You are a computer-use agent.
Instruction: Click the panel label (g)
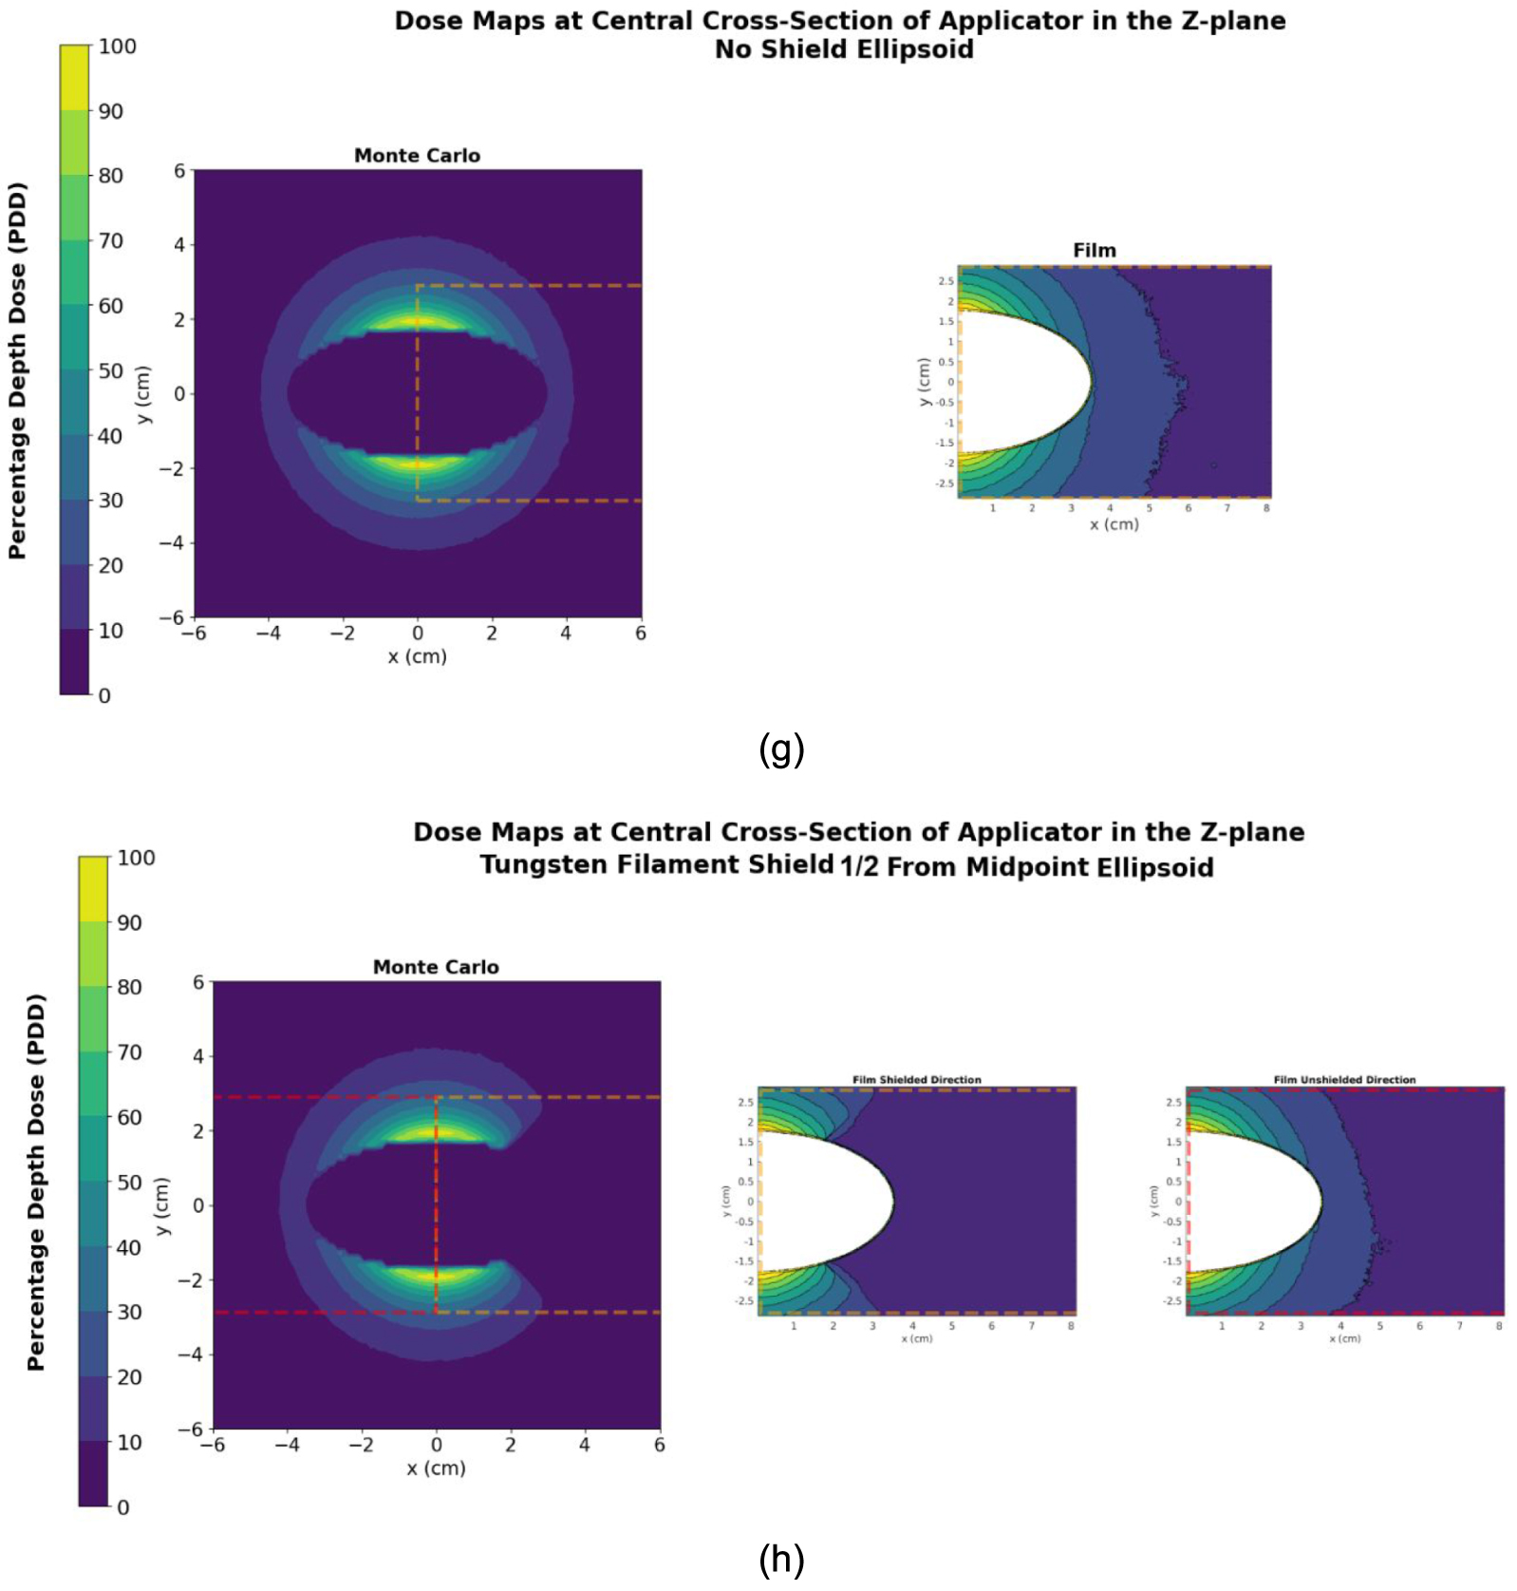pos(781,749)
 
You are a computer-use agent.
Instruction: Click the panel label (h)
pos(781,1560)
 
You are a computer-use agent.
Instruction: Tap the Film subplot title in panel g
pos(1094,251)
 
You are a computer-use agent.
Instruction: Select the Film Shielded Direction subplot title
pos(916,1080)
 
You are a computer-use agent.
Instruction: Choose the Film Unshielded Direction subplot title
pos(1344,1080)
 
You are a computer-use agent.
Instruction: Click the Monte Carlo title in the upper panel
pos(417,156)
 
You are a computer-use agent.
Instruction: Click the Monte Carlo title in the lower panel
pos(436,967)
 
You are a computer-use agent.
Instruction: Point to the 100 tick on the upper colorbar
pos(117,47)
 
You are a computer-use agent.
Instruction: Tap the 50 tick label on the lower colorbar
pos(129,1183)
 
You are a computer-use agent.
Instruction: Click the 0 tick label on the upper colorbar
pos(104,695)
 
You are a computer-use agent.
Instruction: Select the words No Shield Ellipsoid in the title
pos(844,49)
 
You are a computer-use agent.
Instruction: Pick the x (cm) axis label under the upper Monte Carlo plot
pos(417,656)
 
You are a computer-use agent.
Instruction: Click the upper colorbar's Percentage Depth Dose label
pos(17,370)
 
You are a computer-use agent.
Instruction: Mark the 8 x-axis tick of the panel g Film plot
pos(1266,509)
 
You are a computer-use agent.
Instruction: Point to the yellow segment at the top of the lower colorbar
pos(93,889)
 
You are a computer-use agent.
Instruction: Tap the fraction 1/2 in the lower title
pos(859,867)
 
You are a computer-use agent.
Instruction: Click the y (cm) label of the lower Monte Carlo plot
pos(162,1205)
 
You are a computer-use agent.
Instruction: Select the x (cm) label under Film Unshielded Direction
pos(1344,1339)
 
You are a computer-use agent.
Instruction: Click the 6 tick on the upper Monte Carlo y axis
pos(179,171)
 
